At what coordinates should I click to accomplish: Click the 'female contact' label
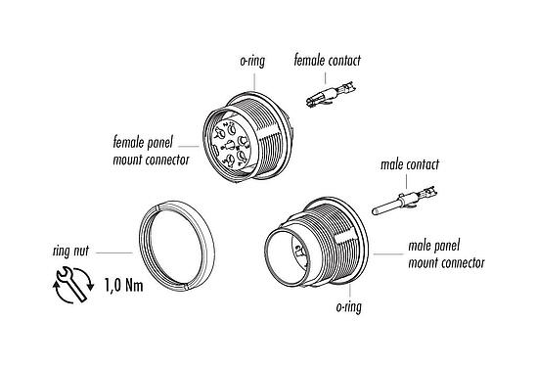click(327, 61)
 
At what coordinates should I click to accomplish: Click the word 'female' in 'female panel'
click(131, 142)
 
